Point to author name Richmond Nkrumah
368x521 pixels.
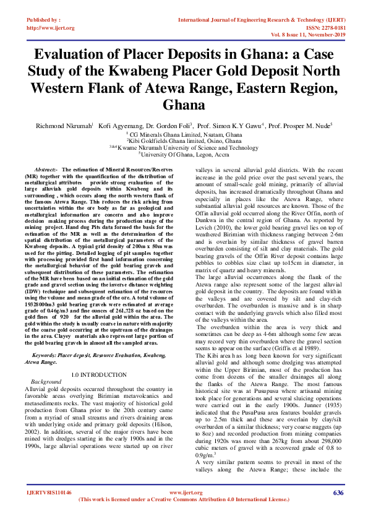pos(66,125)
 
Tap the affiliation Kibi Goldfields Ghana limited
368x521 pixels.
pos(184,140)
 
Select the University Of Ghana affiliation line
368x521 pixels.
pos(184,154)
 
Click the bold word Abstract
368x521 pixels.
pos(46,169)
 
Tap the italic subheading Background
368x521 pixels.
pos(46,382)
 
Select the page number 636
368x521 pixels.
pos(338,493)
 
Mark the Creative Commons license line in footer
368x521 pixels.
pos(184,499)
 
